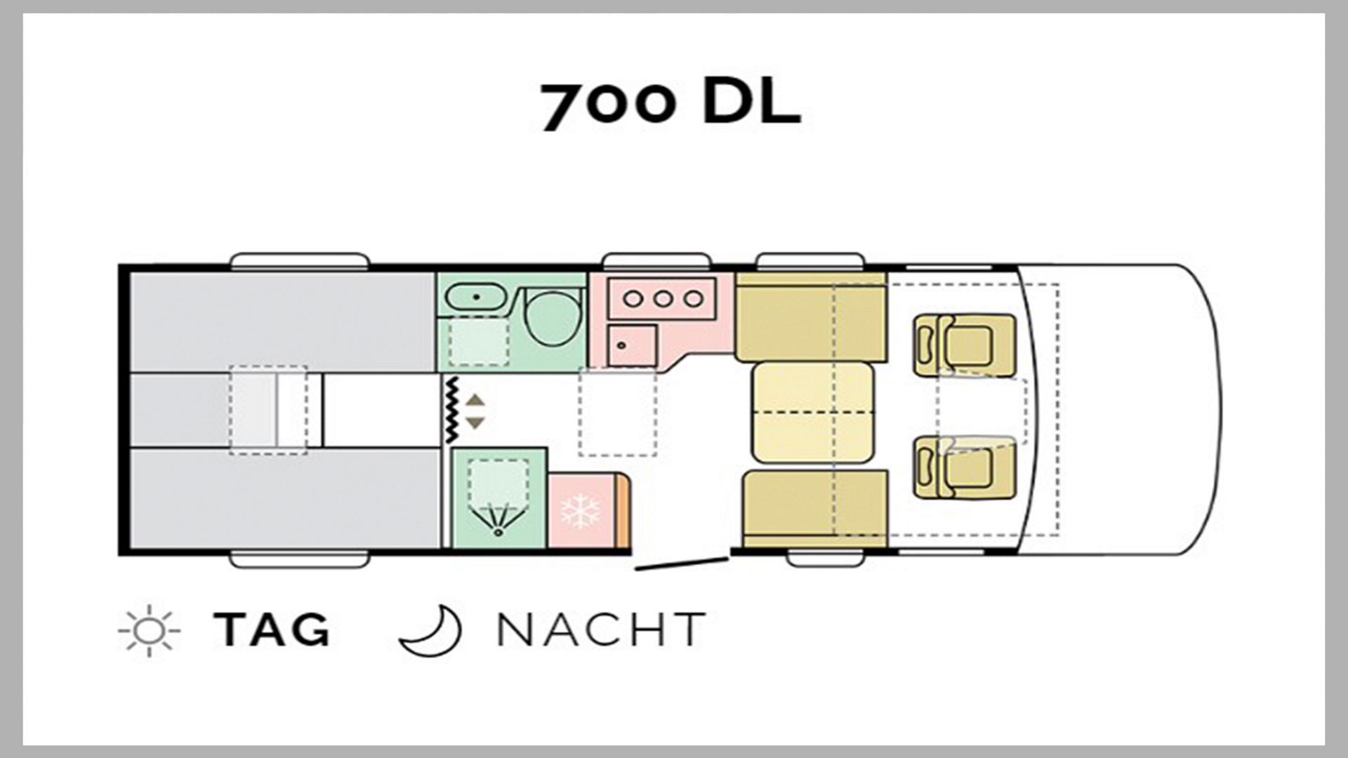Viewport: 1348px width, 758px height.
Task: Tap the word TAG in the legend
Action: point(272,629)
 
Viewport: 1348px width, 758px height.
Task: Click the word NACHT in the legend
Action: point(601,629)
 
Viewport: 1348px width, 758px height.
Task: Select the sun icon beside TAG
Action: point(149,630)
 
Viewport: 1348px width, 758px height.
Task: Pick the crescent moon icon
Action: point(430,630)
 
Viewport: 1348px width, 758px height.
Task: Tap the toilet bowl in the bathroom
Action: point(555,317)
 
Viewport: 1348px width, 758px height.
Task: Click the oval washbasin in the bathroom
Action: point(475,297)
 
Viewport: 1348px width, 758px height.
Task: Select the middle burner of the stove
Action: point(663,299)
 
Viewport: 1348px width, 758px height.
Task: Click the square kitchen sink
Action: point(632,345)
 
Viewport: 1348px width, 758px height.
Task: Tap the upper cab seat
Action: point(965,345)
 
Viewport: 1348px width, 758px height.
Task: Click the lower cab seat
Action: point(965,467)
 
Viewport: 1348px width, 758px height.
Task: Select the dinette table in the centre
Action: point(812,412)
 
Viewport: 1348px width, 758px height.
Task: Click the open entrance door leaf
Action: point(681,564)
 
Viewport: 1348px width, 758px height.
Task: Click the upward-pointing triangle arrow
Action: point(475,400)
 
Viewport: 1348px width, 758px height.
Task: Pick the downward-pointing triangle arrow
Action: point(475,423)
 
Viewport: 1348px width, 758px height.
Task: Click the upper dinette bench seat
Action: point(811,317)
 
